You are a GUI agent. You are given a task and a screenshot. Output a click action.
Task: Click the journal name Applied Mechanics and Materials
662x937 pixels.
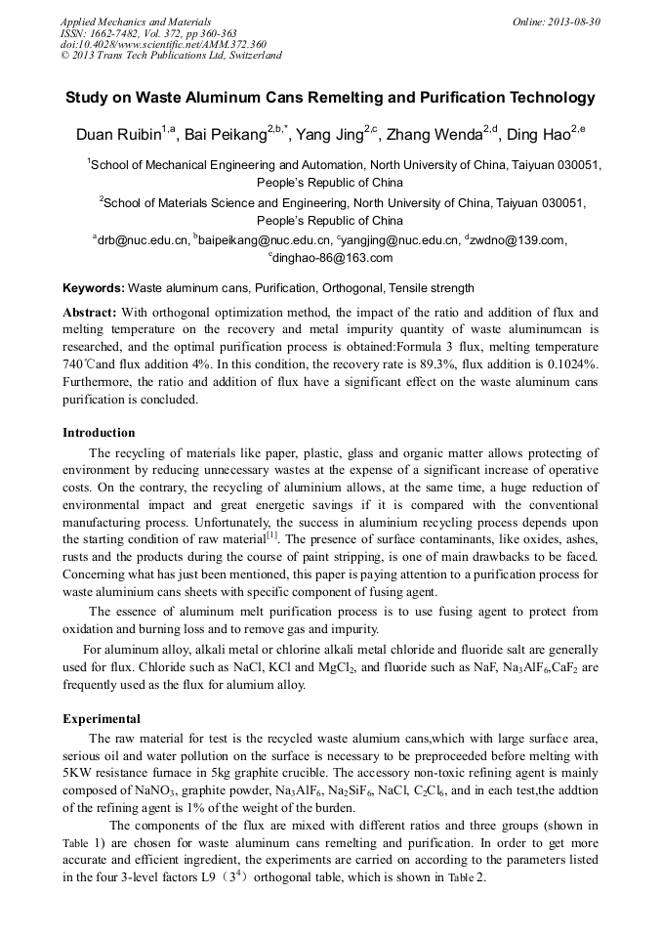pyautogui.click(x=135, y=21)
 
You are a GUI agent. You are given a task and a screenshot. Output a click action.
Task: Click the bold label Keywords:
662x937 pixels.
pyautogui.click(x=94, y=288)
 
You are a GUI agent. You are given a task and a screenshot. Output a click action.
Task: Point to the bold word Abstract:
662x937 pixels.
pyautogui.click(x=90, y=312)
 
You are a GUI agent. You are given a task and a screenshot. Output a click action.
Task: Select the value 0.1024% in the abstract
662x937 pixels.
pyautogui.click(x=570, y=364)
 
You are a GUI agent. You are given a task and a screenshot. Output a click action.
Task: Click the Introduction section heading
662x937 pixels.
pyautogui.click(x=99, y=432)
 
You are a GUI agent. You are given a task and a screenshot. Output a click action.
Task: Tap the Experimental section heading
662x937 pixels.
pyautogui.click(x=102, y=718)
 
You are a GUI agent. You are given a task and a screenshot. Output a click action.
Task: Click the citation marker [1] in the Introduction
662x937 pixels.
pyautogui.click(x=272, y=535)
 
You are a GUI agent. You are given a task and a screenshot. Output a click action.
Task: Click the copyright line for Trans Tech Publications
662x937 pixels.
pyautogui.click(x=171, y=56)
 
